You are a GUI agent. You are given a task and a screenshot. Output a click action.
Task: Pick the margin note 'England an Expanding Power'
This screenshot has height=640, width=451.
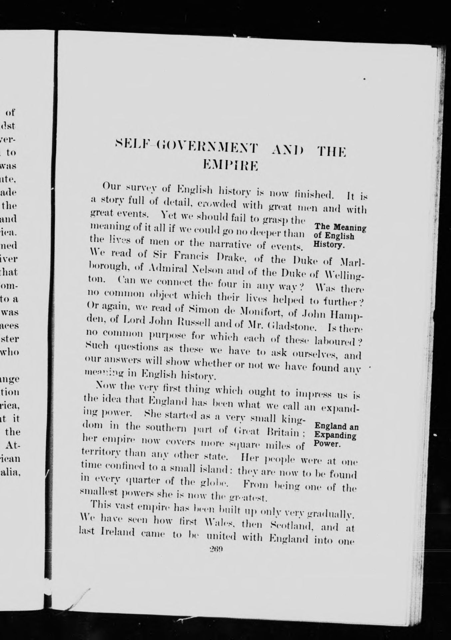336,435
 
